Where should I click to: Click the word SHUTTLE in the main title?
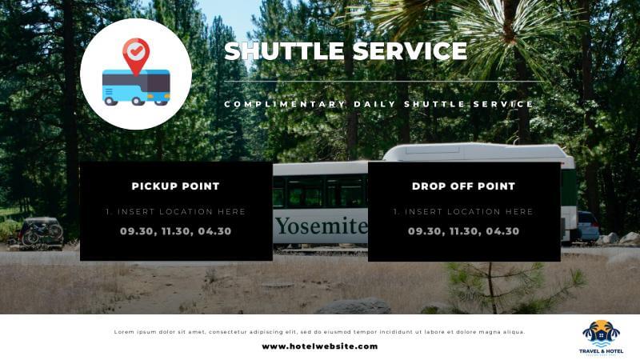tap(284, 51)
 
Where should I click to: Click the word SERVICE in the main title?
tap(410, 51)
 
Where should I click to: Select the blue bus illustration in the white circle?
tap(136, 87)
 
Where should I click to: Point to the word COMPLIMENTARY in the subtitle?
tap(285, 104)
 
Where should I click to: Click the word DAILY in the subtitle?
tap(374, 104)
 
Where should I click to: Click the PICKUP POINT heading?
tap(175, 186)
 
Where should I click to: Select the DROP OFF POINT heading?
tap(463, 186)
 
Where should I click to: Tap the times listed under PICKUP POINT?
tap(175, 231)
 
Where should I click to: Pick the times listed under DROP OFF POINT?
tap(463, 231)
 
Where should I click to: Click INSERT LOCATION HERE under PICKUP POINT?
tap(182, 211)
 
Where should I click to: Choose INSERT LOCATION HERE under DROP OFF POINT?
tap(469, 211)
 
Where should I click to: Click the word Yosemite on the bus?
tap(322, 226)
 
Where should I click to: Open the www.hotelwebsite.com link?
tap(320, 346)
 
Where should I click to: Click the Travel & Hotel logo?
tap(601, 338)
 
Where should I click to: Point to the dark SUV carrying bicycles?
tap(41, 233)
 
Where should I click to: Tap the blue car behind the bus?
tap(588, 226)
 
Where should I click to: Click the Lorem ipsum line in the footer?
tap(319, 332)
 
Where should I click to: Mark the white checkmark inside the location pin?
tap(136, 51)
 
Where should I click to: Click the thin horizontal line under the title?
tap(385, 82)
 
